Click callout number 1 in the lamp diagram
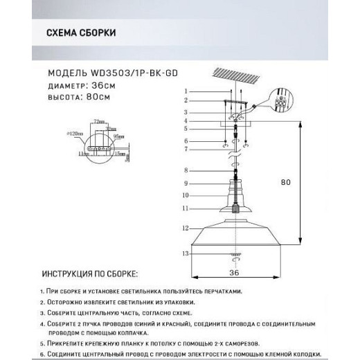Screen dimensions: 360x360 (x=186, y=92)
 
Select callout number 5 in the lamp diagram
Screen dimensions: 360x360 (x=186, y=129)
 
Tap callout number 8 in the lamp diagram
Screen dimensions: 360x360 (x=186, y=170)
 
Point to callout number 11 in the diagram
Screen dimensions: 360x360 (x=186, y=208)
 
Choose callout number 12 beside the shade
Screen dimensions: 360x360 (x=186, y=228)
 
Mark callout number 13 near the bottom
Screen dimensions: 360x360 (x=186, y=255)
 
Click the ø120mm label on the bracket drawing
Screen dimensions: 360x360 (x=78, y=132)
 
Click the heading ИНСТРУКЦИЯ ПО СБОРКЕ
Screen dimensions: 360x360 (x=90, y=275)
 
